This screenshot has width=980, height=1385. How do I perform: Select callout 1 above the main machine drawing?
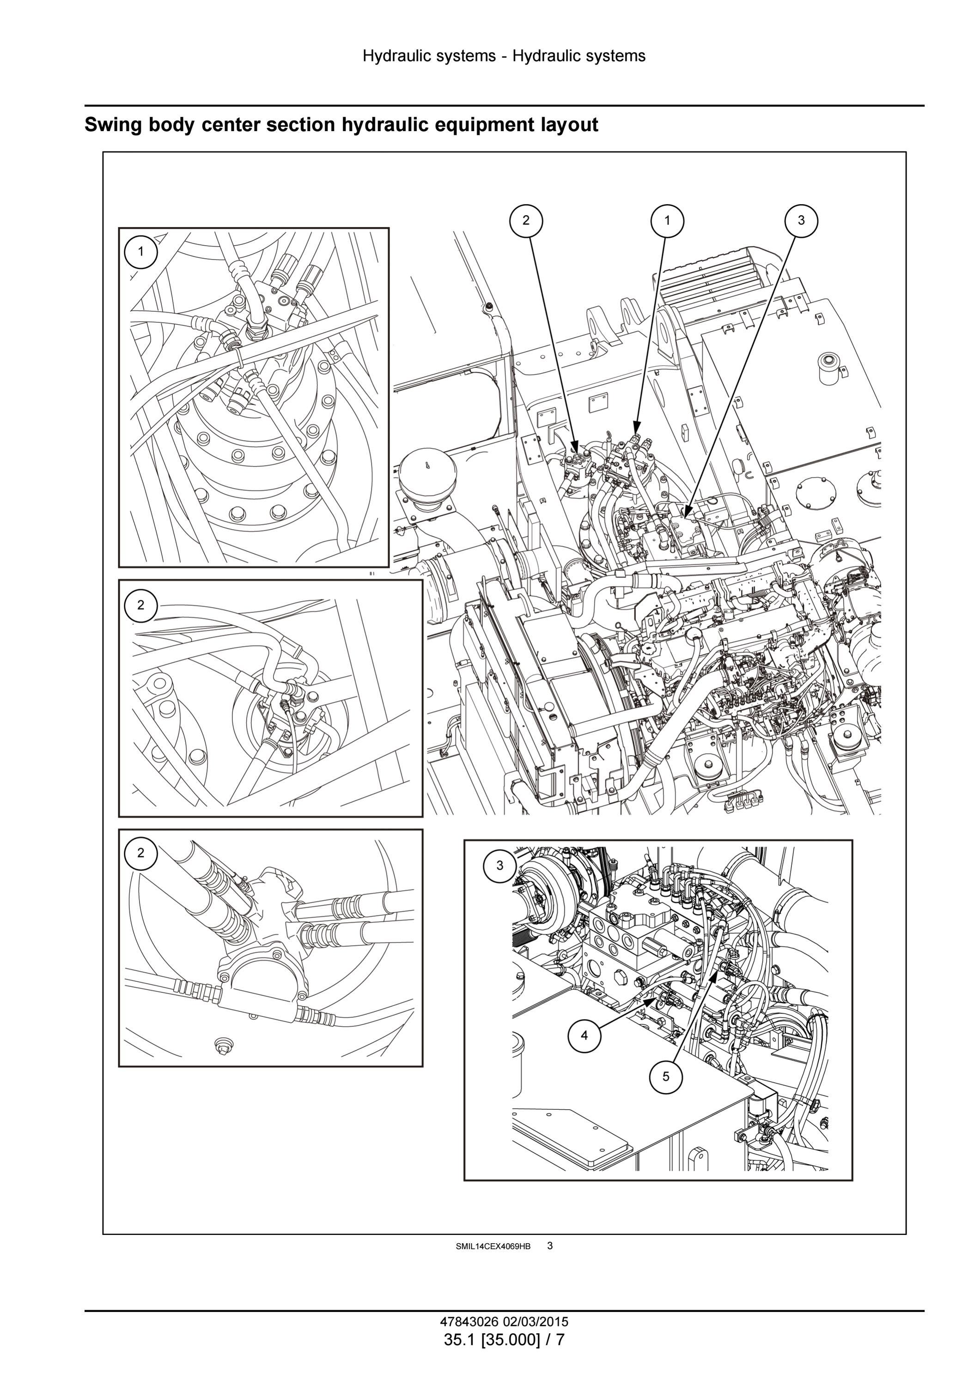[667, 221]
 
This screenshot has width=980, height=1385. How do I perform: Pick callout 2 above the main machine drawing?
[526, 221]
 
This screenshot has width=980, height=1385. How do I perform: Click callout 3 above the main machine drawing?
[801, 221]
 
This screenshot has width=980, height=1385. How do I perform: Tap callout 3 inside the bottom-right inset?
[499, 865]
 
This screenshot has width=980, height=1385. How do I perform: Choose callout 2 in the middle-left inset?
[140, 605]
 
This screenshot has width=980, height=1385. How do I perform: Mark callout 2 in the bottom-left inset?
[140, 853]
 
